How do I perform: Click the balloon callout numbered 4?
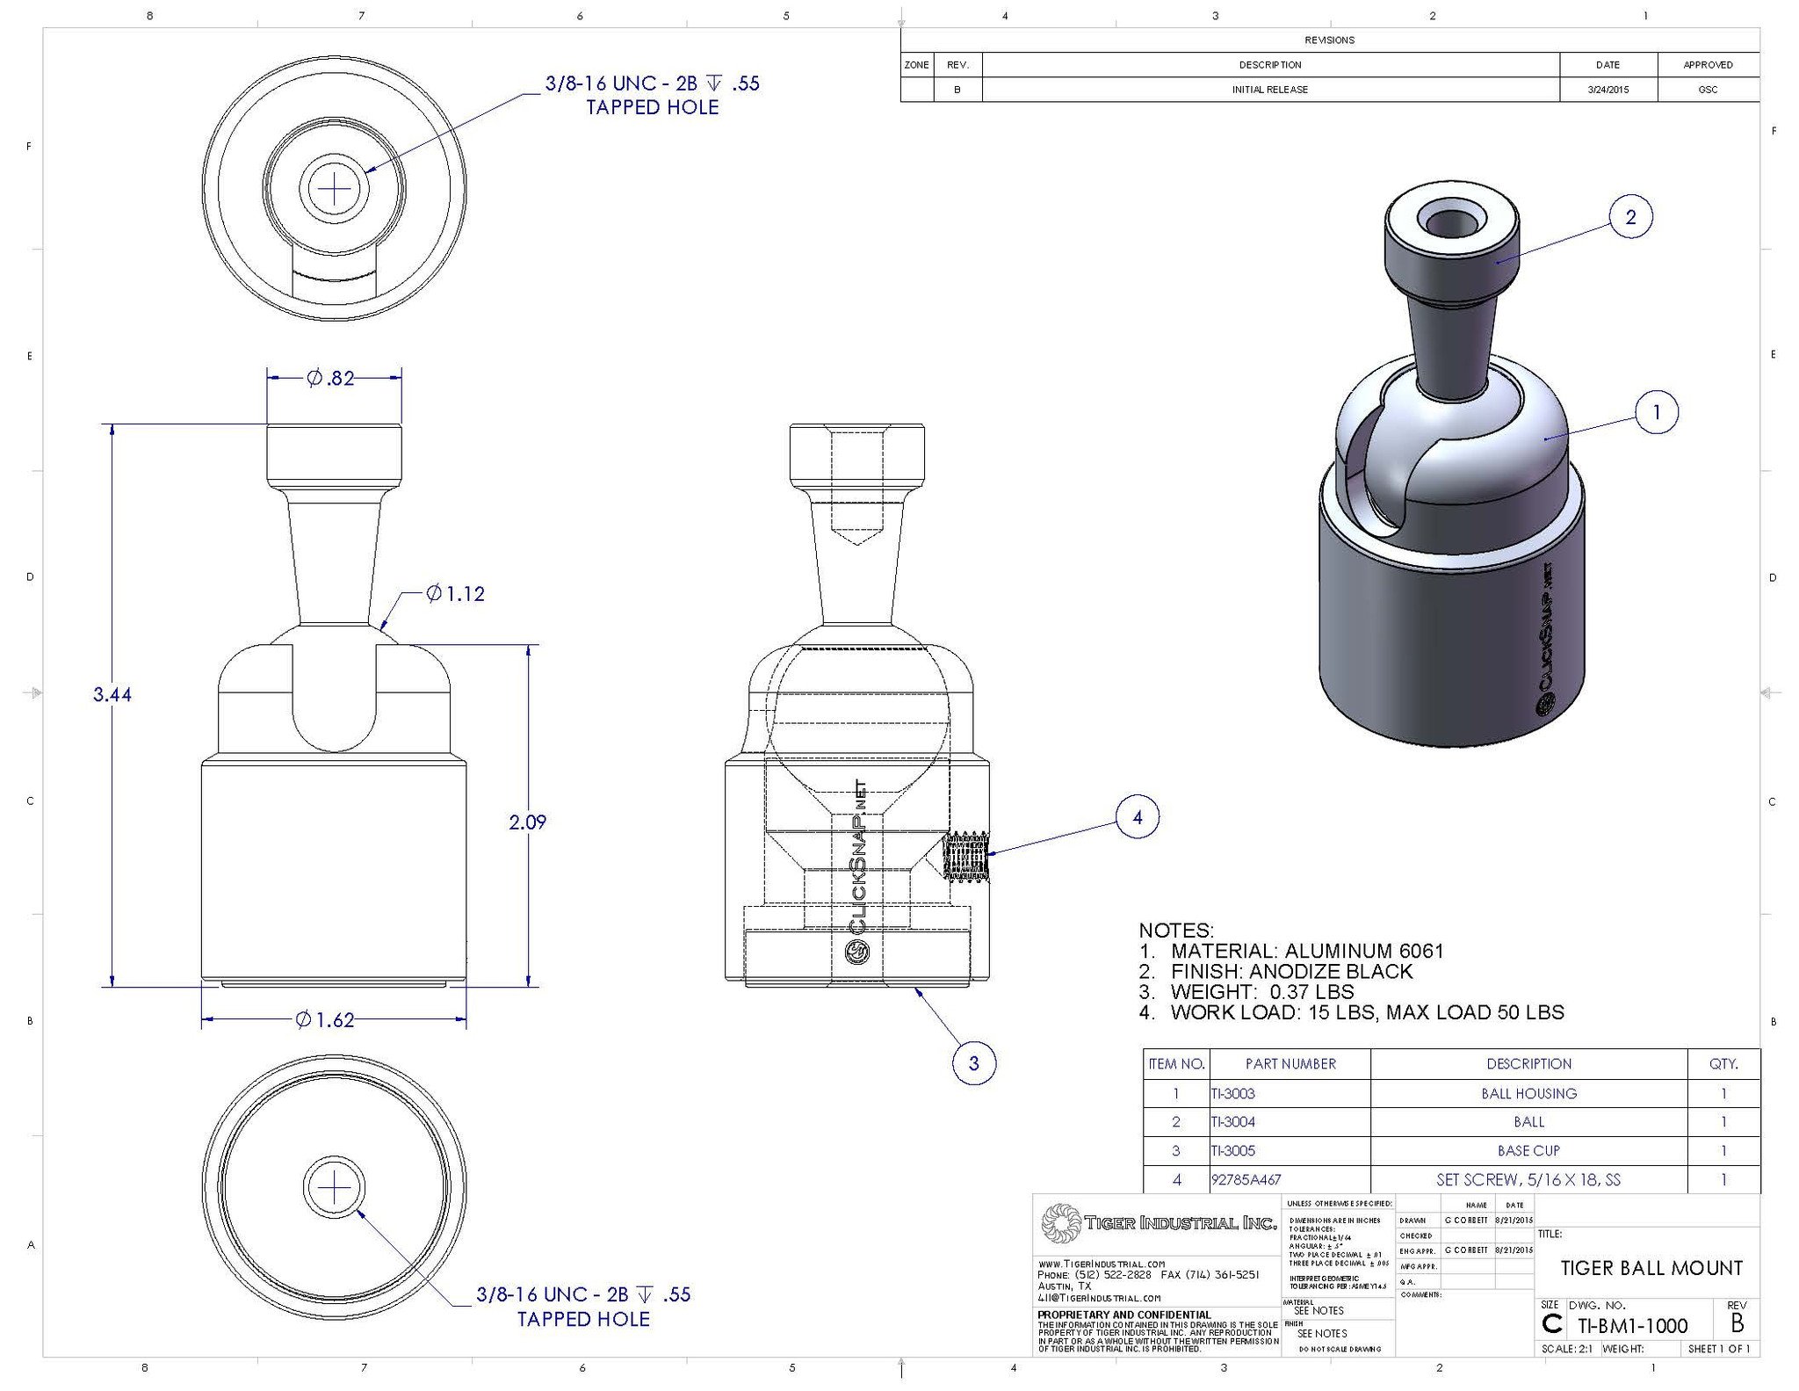tap(1137, 817)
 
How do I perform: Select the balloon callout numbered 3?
tap(973, 1063)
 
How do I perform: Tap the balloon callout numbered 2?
tap(1630, 217)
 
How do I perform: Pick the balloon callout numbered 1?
tap(1656, 412)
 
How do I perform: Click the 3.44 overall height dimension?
tap(112, 695)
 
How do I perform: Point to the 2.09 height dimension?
tap(527, 822)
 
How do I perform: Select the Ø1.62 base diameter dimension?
tap(324, 1020)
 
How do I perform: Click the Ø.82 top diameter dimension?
tap(330, 379)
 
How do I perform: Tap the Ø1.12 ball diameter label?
tap(455, 595)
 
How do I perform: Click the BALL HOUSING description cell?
tap(1528, 1094)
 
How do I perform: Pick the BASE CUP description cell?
tap(1528, 1151)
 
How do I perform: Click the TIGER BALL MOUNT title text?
tap(1651, 1268)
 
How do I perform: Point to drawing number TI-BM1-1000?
tap(1632, 1326)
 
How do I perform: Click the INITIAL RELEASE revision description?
tap(1269, 90)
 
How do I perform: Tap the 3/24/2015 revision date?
tap(1608, 90)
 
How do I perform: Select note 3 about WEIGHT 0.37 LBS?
tap(1246, 992)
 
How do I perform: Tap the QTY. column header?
tap(1723, 1064)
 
